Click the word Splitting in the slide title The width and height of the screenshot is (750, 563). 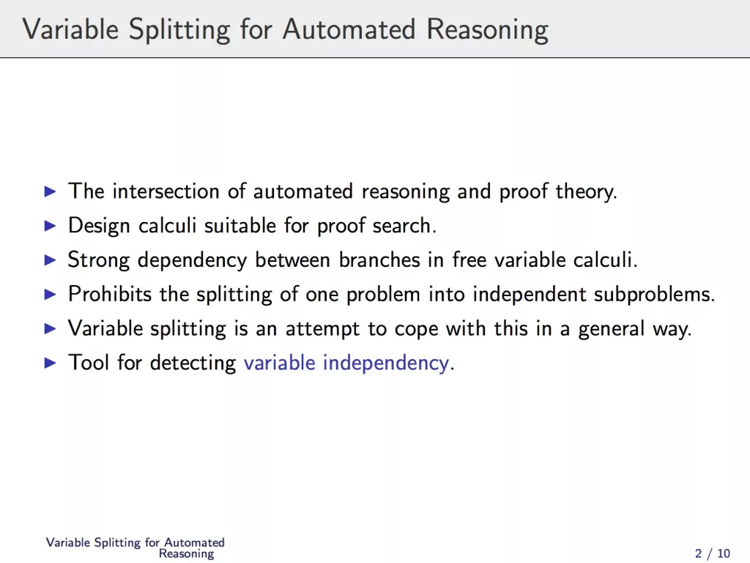click(x=179, y=29)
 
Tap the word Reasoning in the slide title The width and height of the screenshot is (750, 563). click(x=487, y=29)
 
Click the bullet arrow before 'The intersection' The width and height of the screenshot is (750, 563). click(x=51, y=191)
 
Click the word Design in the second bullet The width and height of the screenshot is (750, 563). click(x=99, y=226)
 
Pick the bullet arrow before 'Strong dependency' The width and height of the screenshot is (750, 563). click(x=51, y=260)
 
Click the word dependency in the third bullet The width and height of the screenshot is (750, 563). click(x=193, y=260)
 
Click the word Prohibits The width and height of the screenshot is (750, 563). click(x=110, y=294)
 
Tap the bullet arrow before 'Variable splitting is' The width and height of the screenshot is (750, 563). click(x=51, y=328)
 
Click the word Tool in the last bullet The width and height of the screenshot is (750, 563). click(x=89, y=362)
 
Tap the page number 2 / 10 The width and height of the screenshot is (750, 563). click(x=713, y=553)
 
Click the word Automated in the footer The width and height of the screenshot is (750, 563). click(x=194, y=542)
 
